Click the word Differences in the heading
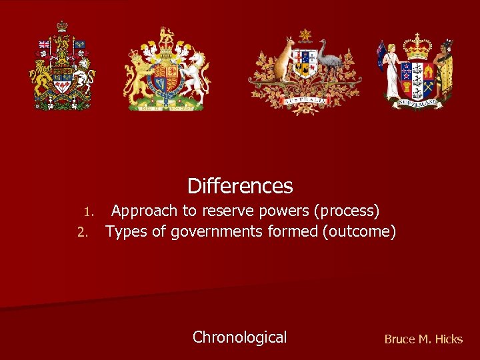click(x=240, y=185)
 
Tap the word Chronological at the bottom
click(x=239, y=337)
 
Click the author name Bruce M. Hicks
click(x=423, y=339)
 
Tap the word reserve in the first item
click(x=232, y=211)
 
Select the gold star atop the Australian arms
click(x=305, y=35)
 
